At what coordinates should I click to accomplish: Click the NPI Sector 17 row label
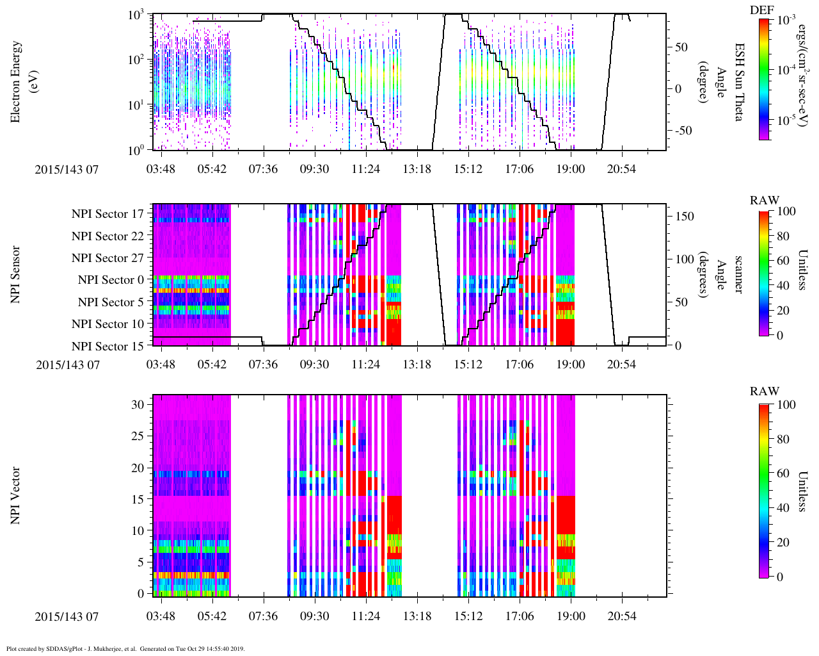pyautogui.click(x=108, y=214)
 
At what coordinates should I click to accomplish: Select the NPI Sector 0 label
pyautogui.click(x=111, y=280)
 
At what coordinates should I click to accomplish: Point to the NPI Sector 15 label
pyautogui.click(x=108, y=347)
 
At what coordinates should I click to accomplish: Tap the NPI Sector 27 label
pyautogui.click(x=108, y=258)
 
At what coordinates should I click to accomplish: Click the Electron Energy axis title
pyautogui.click(x=22, y=82)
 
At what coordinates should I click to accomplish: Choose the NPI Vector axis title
pyautogui.click(x=15, y=496)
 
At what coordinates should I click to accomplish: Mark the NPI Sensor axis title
pyautogui.click(x=15, y=274)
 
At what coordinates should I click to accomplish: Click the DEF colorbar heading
pyautogui.click(x=762, y=10)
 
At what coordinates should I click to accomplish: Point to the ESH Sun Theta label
pyautogui.click(x=739, y=82)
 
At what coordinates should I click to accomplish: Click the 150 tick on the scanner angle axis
pyautogui.click(x=685, y=217)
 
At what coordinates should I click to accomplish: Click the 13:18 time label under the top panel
pyautogui.click(x=417, y=168)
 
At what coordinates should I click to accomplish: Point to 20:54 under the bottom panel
pyautogui.click(x=621, y=616)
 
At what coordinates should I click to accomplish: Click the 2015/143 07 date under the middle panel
pyautogui.click(x=67, y=365)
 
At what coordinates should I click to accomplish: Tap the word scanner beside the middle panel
pyautogui.click(x=739, y=274)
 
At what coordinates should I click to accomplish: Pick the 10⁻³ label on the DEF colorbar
pyautogui.click(x=785, y=20)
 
